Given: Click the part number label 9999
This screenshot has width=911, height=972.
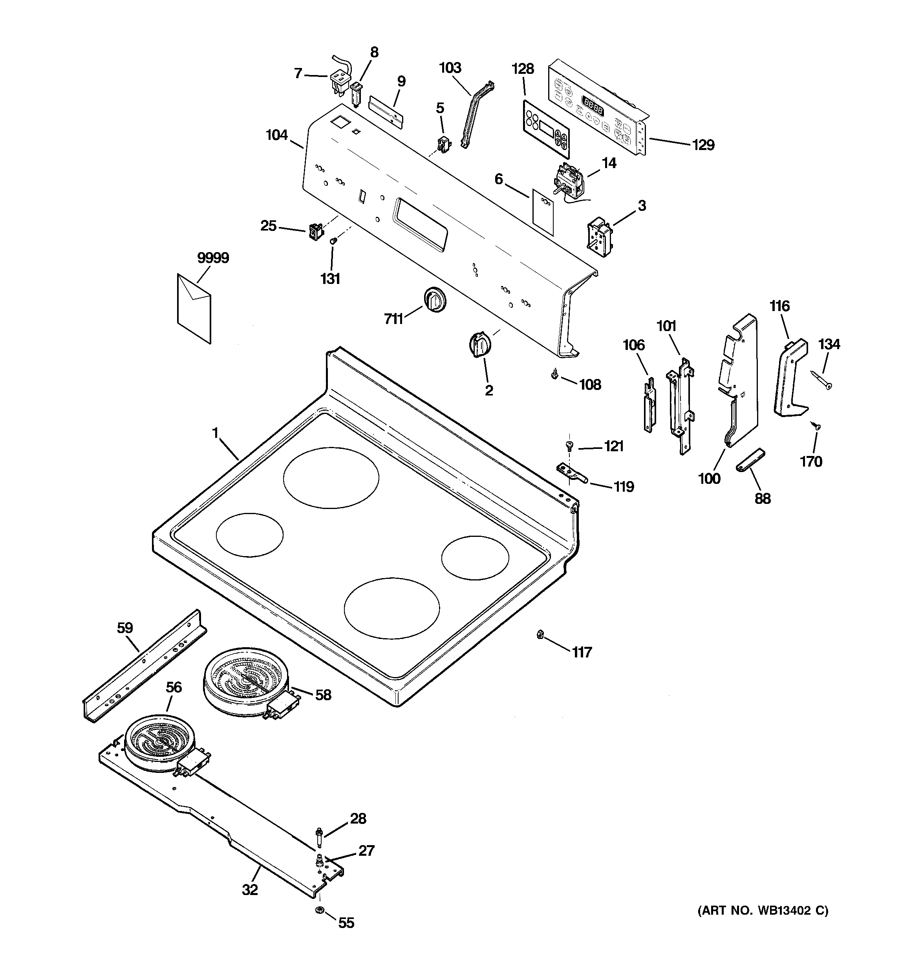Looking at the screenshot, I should click(x=213, y=258).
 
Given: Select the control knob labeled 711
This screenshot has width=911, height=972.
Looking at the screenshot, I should click(x=434, y=299).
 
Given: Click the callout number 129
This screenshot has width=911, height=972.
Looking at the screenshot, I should click(x=703, y=145).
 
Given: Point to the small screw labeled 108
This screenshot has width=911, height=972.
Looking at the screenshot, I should click(x=554, y=375).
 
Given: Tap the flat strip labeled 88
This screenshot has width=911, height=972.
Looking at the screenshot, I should click(x=750, y=459).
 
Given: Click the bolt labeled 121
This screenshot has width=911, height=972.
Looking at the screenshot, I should click(x=568, y=445).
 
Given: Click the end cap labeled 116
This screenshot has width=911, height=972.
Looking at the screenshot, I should click(x=790, y=377).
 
